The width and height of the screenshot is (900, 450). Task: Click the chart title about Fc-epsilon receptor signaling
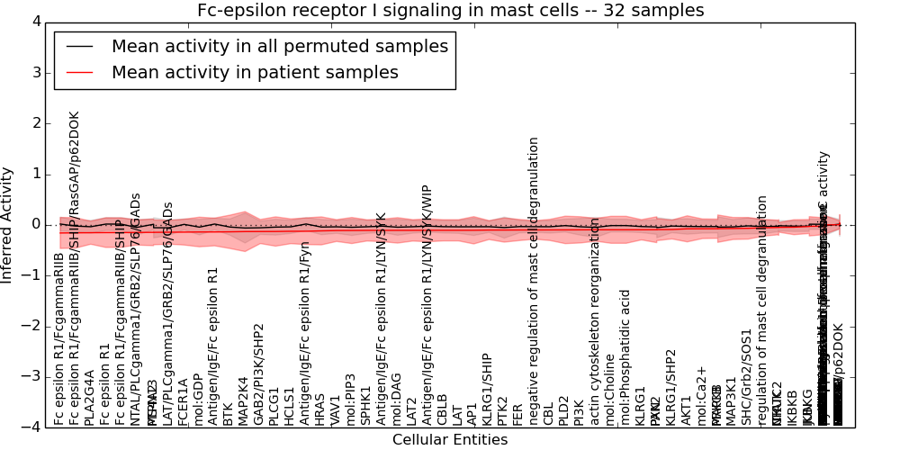(x=450, y=10)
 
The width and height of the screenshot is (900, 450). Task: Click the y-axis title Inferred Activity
(x=8, y=224)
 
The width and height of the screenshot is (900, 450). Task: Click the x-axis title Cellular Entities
(x=450, y=439)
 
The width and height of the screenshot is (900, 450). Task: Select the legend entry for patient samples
(x=255, y=73)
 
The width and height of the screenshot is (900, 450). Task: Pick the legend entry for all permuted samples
(x=279, y=47)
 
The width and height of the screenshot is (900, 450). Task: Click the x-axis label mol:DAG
(x=397, y=400)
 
